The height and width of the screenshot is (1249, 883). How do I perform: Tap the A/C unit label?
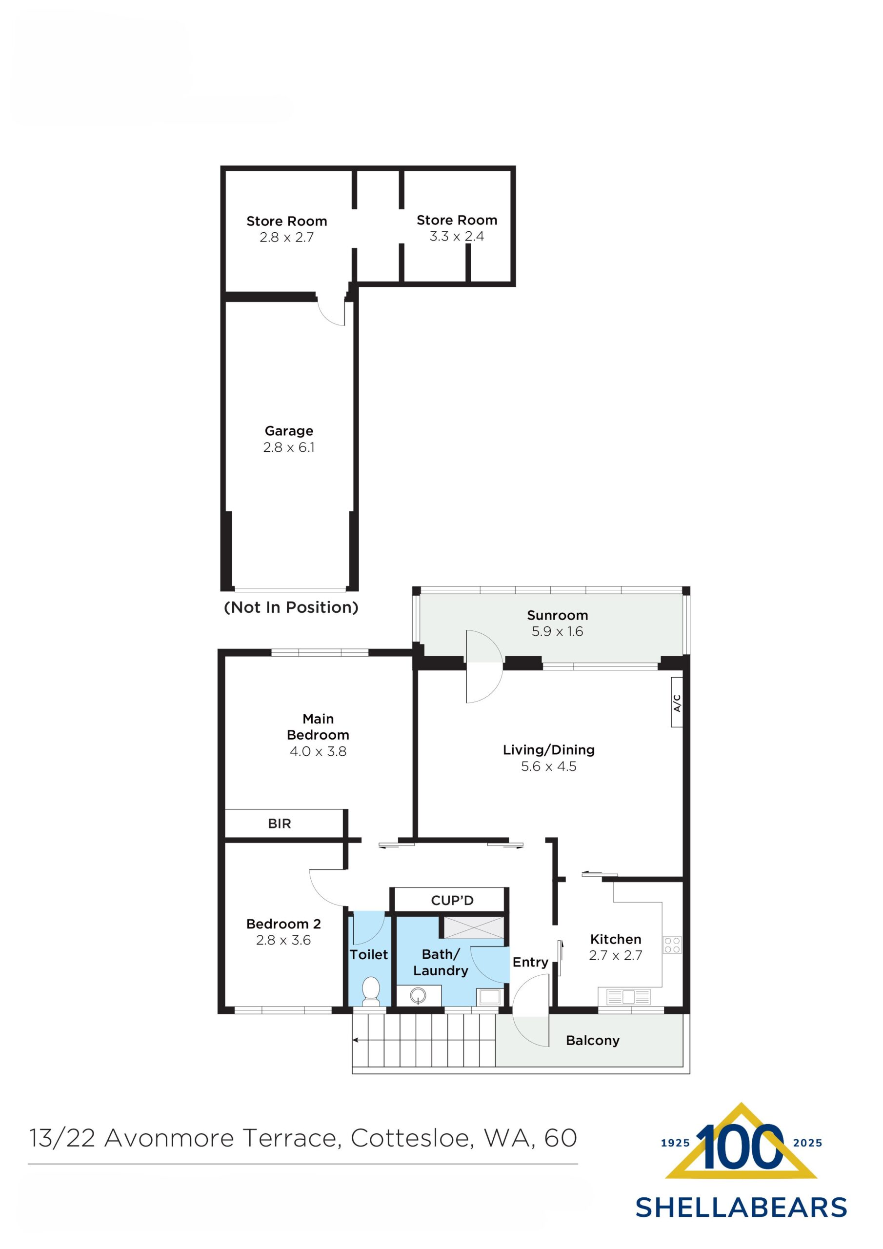pyautogui.click(x=677, y=702)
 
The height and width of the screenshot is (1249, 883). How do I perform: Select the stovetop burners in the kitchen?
pyautogui.click(x=672, y=945)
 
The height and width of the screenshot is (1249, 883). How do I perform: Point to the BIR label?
pyautogui.click(x=279, y=824)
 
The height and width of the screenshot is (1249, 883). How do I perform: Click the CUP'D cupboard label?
pyautogui.click(x=452, y=900)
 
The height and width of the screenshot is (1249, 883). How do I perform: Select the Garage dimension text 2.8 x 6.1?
pyautogui.click(x=289, y=447)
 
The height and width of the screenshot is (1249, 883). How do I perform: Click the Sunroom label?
pyautogui.click(x=557, y=615)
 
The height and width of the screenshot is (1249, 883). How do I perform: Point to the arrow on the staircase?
pyautogui.click(x=356, y=1040)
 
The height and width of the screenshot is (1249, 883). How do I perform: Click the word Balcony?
pyautogui.click(x=592, y=1040)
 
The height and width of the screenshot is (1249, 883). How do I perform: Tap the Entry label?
pyautogui.click(x=530, y=962)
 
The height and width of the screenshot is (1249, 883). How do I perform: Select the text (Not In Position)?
pyautogui.click(x=291, y=607)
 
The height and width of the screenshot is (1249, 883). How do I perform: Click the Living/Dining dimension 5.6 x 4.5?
pyautogui.click(x=548, y=766)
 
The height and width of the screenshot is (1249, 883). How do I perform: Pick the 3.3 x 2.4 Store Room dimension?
pyautogui.click(x=457, y=236)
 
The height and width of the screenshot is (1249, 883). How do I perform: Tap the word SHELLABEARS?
pyautogui.click(x=741, y=1208)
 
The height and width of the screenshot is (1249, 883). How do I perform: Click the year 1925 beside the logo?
pyautogui.click(x=675, y=1143)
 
